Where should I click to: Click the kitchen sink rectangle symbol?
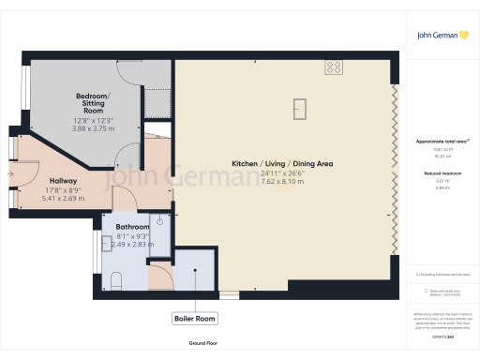point(301,109)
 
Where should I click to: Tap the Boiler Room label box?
point(195,319)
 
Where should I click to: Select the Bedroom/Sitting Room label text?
point(93,102)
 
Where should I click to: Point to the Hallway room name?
point(63,181)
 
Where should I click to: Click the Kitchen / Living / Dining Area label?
point(282,164)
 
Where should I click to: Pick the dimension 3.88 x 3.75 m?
point(93,128)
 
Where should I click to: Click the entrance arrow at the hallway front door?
point(10,174)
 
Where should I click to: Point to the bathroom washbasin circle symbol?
point(160,221)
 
